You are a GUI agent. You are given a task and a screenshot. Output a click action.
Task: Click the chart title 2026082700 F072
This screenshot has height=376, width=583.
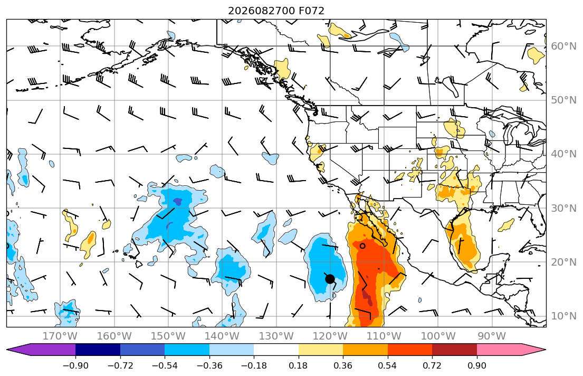tap(276, 11)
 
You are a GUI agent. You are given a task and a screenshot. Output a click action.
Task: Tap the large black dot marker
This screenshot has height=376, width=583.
tap(330, 278)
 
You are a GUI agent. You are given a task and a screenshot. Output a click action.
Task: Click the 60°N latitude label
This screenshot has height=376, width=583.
tap(563, 46)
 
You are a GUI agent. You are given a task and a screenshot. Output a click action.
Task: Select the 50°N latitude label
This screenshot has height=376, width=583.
tap(563, 100)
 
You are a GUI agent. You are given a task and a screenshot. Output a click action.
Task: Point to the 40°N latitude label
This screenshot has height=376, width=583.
tap(563, 154)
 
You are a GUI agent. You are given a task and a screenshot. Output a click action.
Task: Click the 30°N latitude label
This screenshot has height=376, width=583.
tap(563, 208)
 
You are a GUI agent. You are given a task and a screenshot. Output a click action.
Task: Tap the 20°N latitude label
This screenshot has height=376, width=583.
tap(563, 262)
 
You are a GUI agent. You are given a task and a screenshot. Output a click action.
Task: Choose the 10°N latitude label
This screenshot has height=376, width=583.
tap(563, 316)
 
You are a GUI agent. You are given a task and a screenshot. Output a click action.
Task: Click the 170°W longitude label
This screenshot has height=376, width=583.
tap(60, 336)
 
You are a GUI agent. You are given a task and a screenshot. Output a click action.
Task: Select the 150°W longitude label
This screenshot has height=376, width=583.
tap(168, 336)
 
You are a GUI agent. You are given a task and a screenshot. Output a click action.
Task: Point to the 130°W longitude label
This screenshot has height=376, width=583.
tap(276, 336)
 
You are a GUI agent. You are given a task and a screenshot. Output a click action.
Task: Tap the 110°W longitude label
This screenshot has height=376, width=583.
tap(384, 336)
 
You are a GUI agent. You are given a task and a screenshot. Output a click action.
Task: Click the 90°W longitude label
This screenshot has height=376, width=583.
tap(492, 336)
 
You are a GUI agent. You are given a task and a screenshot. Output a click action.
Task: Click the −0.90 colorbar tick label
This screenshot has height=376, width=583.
tap(75, 365)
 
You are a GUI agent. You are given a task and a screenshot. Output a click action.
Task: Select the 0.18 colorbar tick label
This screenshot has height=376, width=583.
tap(299, 365)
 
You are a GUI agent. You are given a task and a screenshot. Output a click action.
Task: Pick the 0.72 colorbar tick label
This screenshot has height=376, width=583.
tap(432, 365)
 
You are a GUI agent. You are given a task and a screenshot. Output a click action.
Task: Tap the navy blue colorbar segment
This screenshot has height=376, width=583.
tap(98, 350)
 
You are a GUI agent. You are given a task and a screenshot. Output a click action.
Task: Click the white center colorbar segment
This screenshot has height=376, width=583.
tap(276, 350)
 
